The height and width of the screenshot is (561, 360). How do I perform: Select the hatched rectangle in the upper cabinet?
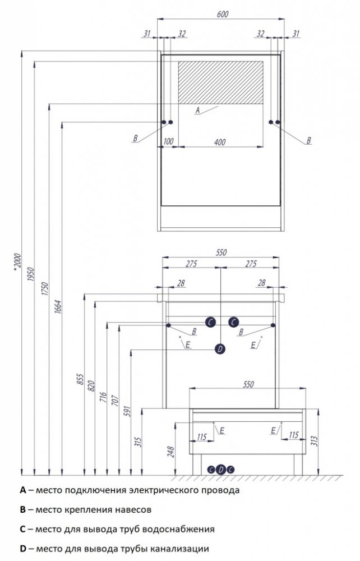[220, 82]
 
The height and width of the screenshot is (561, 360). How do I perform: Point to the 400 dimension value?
[219, 142]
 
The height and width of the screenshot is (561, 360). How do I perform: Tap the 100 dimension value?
[168, 141]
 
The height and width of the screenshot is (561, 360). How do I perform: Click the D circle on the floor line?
[220, 470]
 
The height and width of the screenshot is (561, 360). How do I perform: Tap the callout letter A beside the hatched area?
[197, 111]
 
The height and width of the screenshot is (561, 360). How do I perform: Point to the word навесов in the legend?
[132, 509]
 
